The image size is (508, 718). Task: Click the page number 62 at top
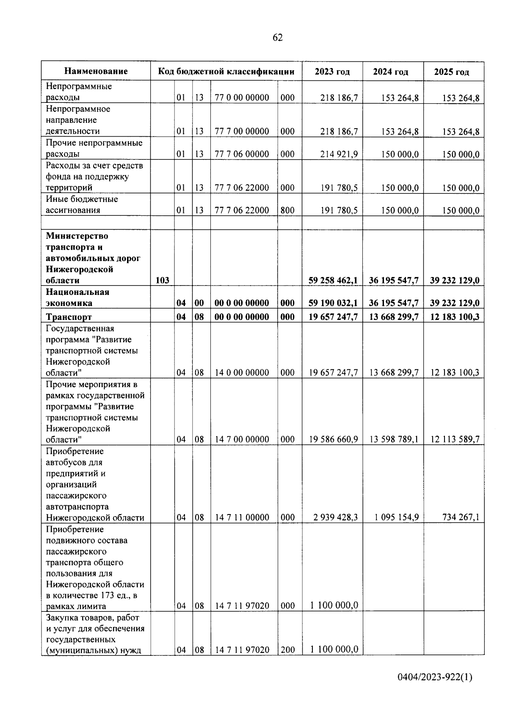[x=277, y=38]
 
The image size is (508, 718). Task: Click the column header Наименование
[x=96, y=71]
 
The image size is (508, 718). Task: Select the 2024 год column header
[x=390, y=72]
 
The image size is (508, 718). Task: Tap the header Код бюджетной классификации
[x=226, y=71]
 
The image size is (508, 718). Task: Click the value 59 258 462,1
[x=333, y=280]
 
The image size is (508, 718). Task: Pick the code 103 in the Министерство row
[x=163, y=280]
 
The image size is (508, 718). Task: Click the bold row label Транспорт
[x=69, y=316]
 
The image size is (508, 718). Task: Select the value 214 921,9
[x=339, y=154]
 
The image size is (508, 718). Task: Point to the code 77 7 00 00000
[x=242, y=131]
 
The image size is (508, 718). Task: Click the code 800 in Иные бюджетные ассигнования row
[x=287, y=210]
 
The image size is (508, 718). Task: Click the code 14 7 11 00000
[x=242, y=517]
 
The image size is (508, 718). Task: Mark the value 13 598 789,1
[x=394, y=439]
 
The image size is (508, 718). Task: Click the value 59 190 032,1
[x=333, y=303]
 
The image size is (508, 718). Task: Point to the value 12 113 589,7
[x=455, y=439]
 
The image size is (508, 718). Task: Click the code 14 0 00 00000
[x=242, y=372]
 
